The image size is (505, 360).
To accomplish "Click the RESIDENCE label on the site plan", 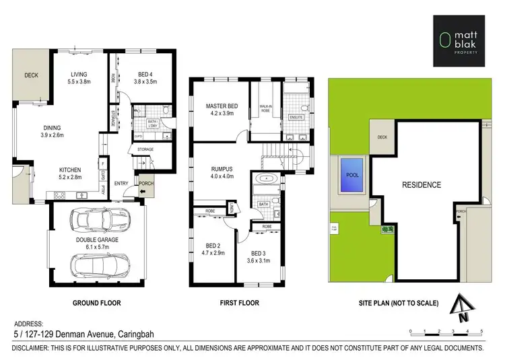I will pos(422,184).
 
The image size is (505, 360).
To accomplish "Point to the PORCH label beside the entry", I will pos(145,182).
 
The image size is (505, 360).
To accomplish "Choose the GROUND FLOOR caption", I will pos(96,303).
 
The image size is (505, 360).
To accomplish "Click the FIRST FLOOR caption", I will pos(239,303).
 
